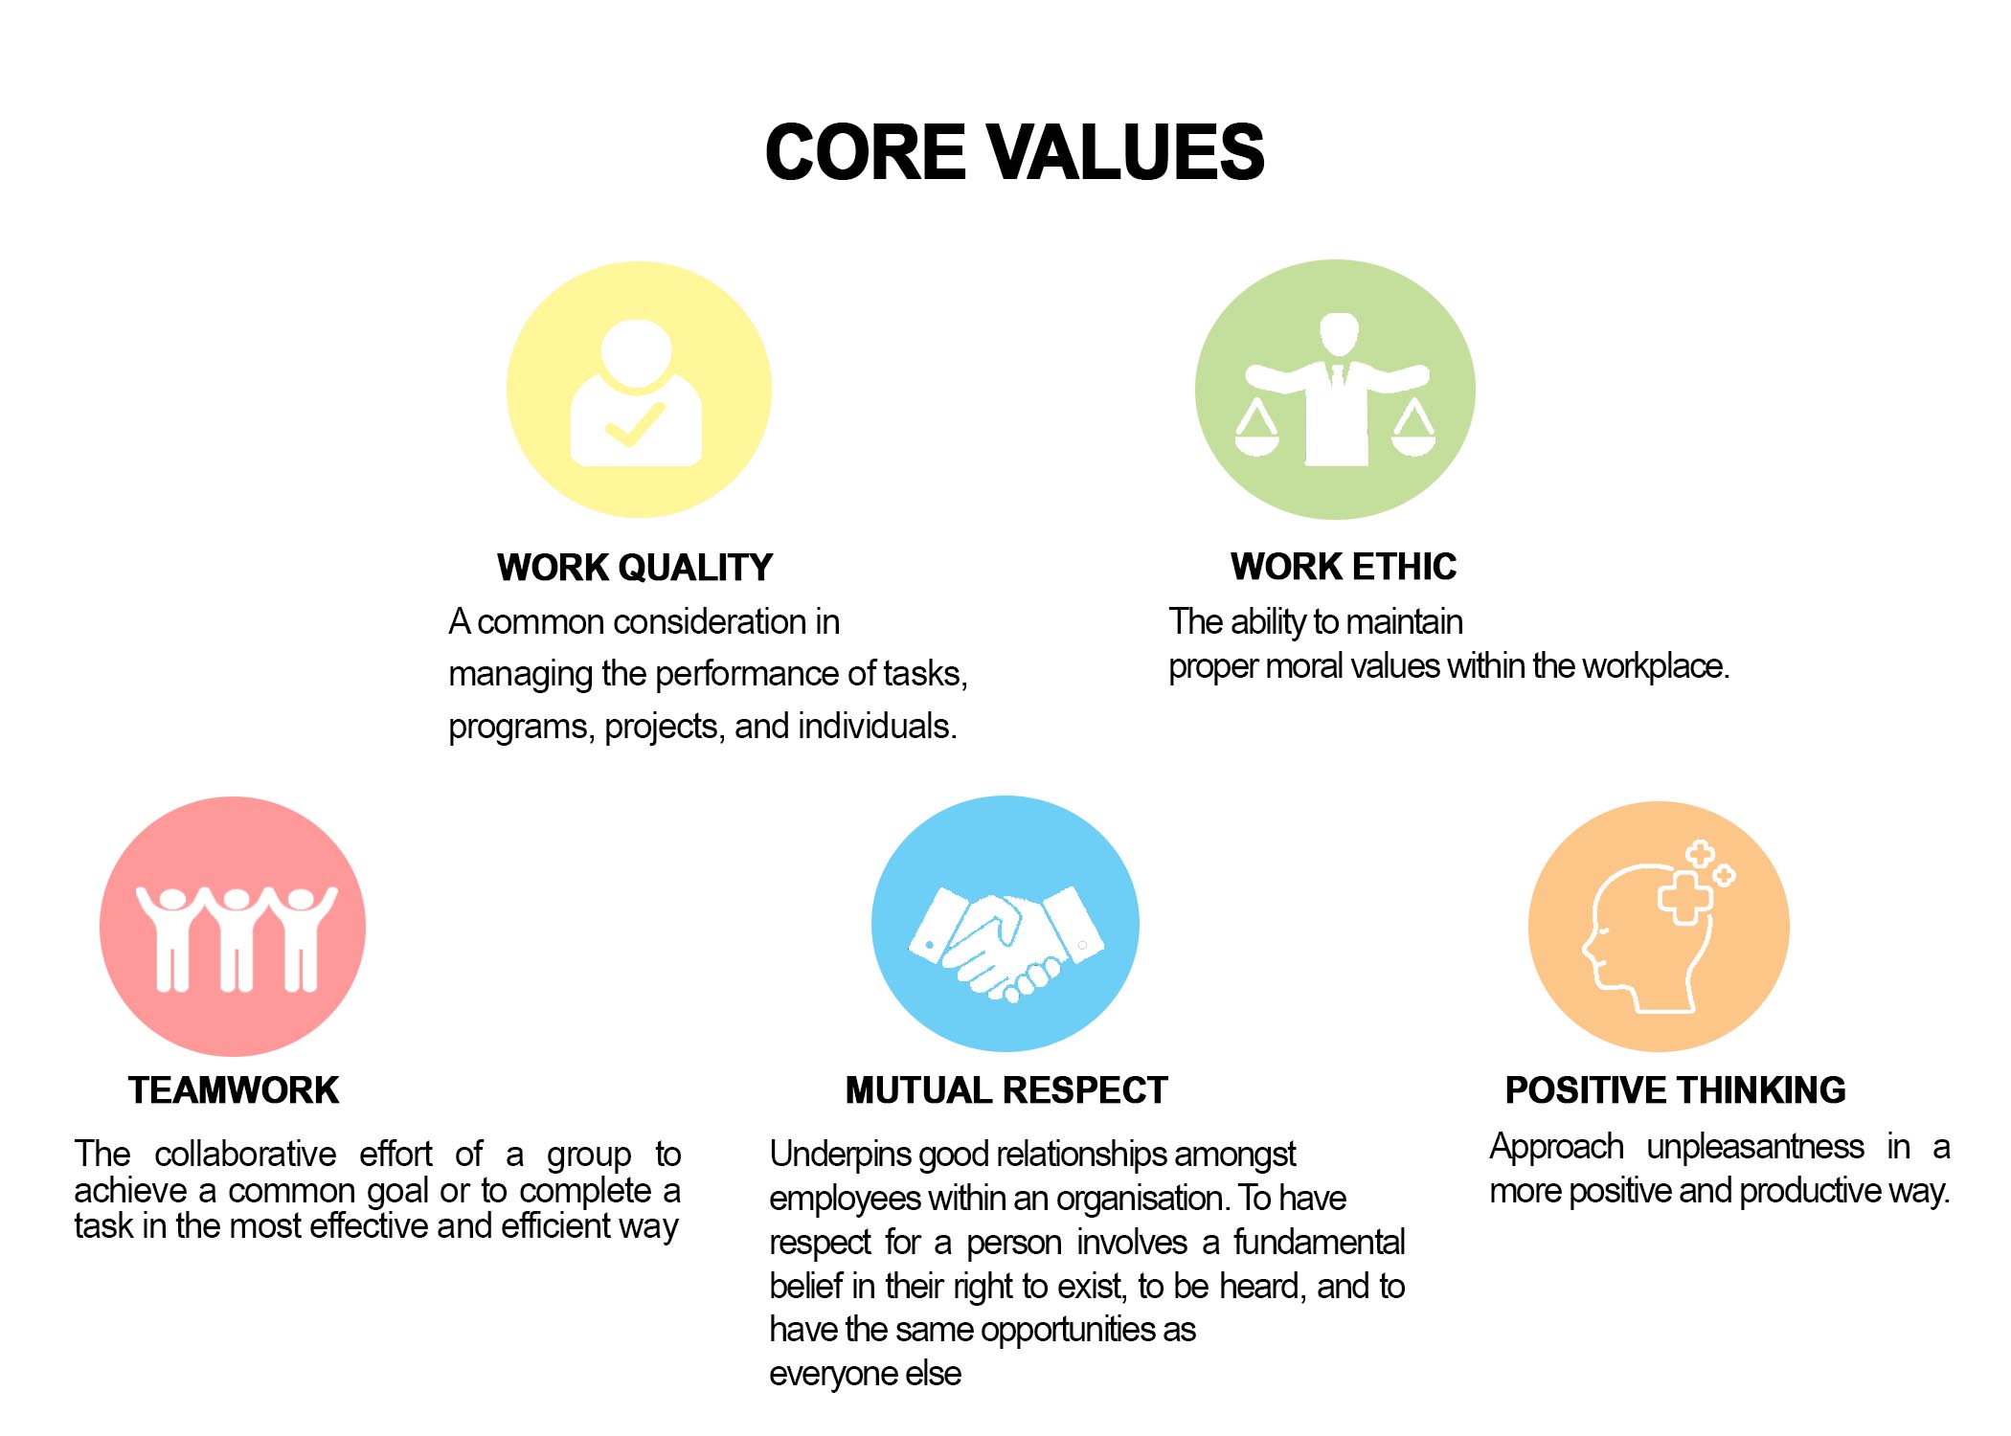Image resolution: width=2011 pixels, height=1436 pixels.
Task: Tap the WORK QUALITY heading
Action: pyautogui.click(x=635, y=568)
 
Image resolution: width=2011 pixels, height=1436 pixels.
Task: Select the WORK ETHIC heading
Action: pyautogui.click(x=1344, y=567)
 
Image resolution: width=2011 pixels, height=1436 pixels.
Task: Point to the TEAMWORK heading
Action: pyautogui.click(x=234, y=1090)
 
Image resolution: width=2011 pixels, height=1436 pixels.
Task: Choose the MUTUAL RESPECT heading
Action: pyautogui.click(x=1006, y=1090)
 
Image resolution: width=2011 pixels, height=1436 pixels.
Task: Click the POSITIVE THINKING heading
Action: pyautogui.click(x=1675, y=1090)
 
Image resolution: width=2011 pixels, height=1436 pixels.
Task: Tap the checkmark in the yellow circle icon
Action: pyautogui.click(x=635, y=425)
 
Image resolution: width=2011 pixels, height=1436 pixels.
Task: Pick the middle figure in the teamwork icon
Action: pyautogui.click(x=236, y=939)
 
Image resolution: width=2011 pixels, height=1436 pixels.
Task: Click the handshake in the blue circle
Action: pyautogui.click(x=1005, y=944)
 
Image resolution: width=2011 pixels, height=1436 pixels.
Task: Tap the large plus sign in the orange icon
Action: pyautogui.click(x=1684, y=896)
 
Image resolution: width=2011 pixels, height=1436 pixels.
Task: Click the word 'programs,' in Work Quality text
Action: pyautogui.click(x=522, y=727)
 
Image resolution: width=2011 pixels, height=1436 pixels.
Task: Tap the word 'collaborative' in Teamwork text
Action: pyautogui.click(x=245, y=1154)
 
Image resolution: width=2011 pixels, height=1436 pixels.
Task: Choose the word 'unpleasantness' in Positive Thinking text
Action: pyautogui.click(x=1755, y=1147)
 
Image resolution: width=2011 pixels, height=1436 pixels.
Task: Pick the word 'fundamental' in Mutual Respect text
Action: pyautogui.click(x=1319, y=1242)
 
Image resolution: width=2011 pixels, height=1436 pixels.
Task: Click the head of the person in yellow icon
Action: pyautogui.click(x=636, y=354)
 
